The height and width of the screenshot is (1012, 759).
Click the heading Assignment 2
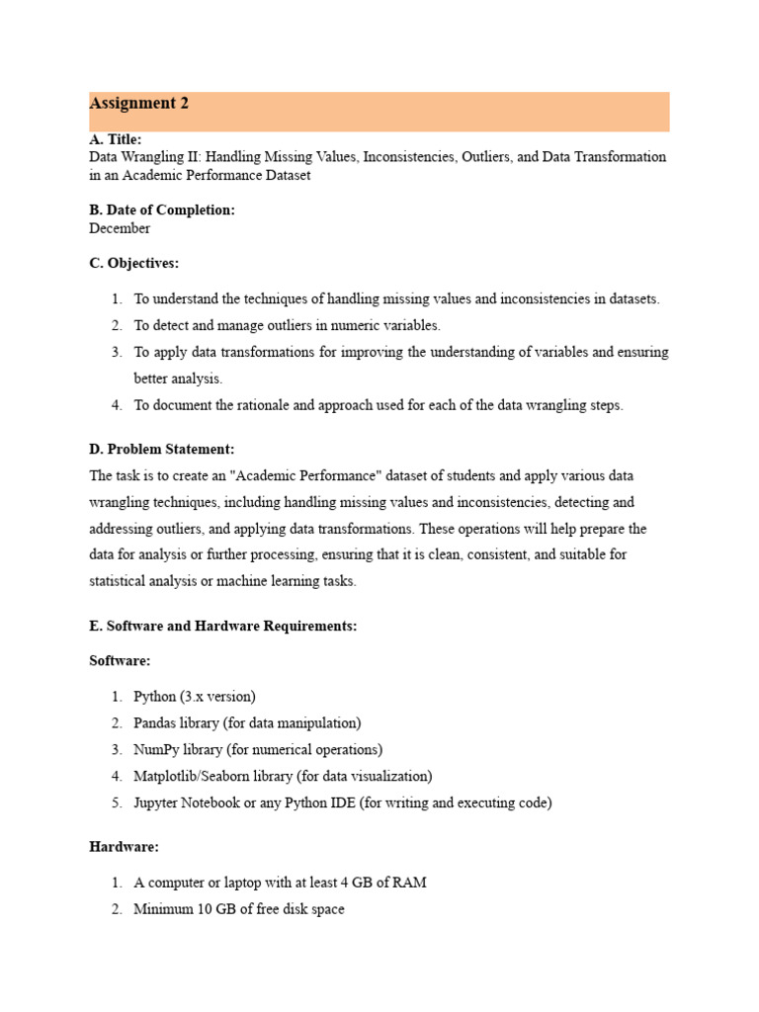139,104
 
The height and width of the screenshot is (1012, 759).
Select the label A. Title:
116,139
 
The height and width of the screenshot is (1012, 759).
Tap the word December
120,228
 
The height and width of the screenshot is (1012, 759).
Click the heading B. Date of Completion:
162,211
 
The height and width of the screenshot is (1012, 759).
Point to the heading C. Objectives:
134,264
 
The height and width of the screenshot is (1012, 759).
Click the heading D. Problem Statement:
162,450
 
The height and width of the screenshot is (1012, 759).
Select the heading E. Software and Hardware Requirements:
223,626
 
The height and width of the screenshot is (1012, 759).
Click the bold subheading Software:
120,661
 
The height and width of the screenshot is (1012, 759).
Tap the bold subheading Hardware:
124,847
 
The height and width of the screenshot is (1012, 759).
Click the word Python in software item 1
155,697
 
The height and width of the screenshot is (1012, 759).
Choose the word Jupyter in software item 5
158,803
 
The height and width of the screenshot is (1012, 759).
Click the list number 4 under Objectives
116,405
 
